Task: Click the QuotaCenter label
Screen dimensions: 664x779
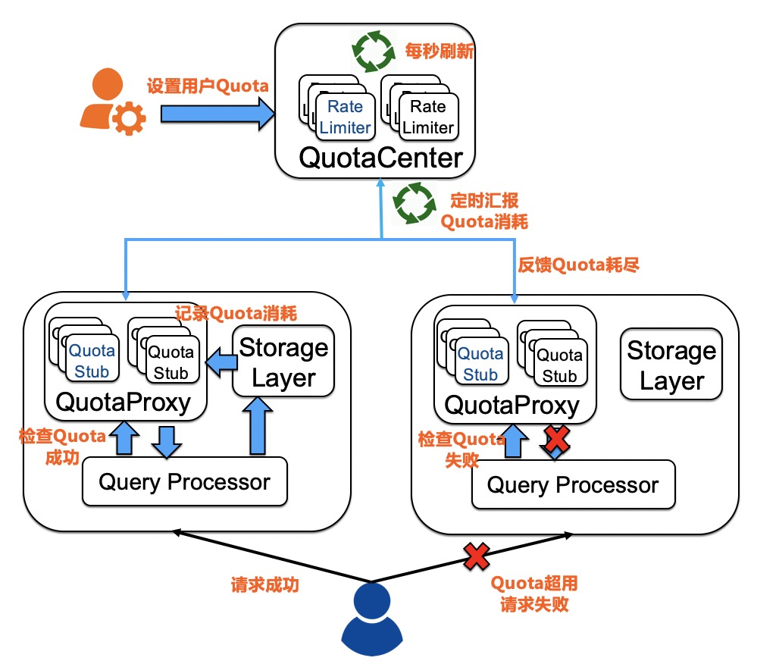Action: pos(380,158)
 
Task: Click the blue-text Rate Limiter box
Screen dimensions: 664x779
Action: pos(345,117)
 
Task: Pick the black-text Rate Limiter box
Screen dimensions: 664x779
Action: pos(428,117)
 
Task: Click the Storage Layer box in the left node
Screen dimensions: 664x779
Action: pos(283,362)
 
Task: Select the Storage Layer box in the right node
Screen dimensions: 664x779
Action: pos(671,364)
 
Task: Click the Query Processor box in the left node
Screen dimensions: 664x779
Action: pos(184,481)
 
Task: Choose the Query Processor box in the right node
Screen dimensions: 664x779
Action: pos(573,485)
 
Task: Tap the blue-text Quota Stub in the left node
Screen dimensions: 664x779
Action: pos(92,361)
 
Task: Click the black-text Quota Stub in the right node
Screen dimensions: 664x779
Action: pos(559,365)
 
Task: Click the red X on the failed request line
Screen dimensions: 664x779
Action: pos(477,557)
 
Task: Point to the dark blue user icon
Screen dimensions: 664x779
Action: pos(371,619)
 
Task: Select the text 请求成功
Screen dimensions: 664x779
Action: pos(264,585)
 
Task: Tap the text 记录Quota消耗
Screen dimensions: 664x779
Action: pos(236,313)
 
